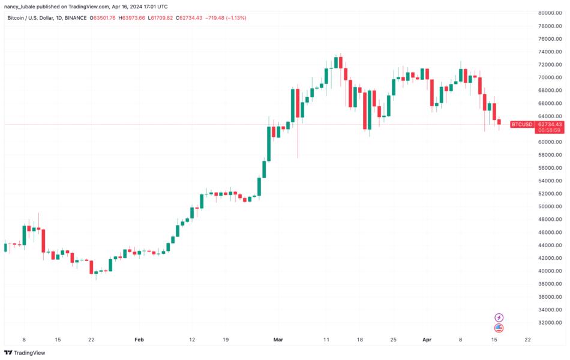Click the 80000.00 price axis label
[550, 13]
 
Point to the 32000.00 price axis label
[550, 323]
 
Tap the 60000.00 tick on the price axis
[550, 142]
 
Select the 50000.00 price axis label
[550, 206]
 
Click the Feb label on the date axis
[139, 340]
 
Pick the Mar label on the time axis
[278, 340]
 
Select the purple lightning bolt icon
[499, 317]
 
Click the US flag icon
[499, 328]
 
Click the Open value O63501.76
[103, 18]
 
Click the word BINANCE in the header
[73, 18]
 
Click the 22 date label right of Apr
[527, 340]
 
